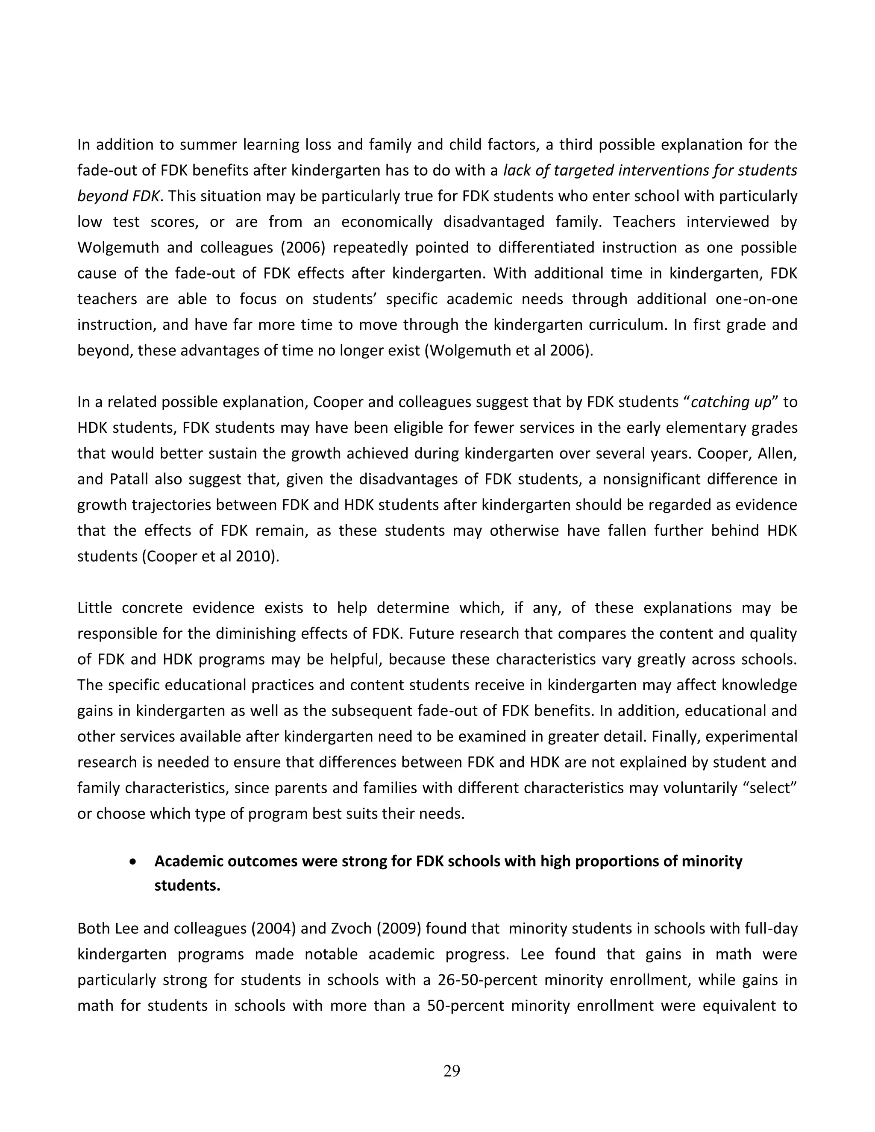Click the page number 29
452,1070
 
